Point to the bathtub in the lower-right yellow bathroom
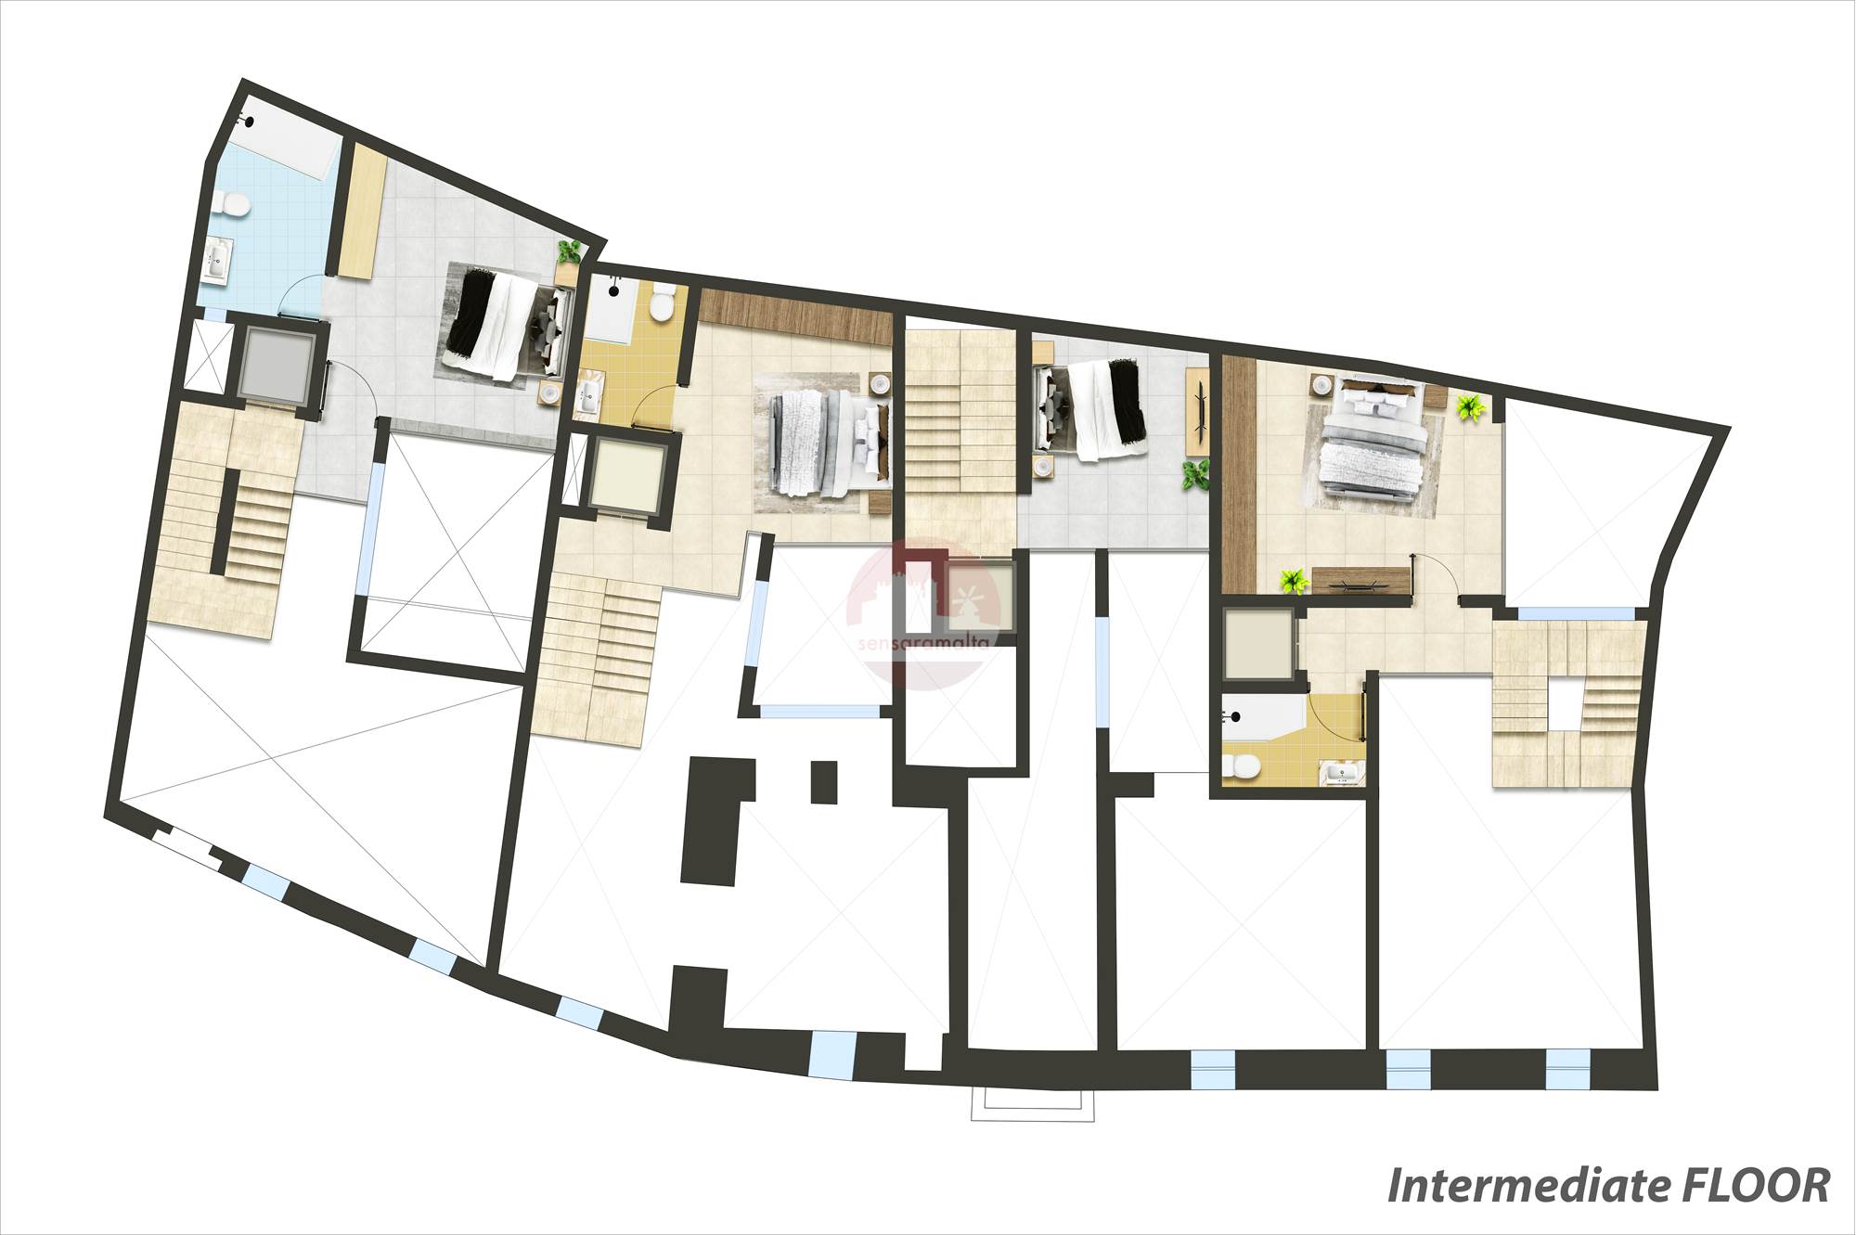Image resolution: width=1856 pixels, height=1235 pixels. pyautogui.click(x=1264, y=718)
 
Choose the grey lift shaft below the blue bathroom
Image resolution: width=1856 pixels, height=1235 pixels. pyautogui.click(x=275, y=364)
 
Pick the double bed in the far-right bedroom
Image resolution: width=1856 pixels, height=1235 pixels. pyautogui.click(x=1371, y=440)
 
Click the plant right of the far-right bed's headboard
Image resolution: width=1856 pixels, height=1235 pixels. pyautogui.click(x=1469, y=407)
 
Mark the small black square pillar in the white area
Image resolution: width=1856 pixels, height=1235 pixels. pyautogui.click(x=823, y=781)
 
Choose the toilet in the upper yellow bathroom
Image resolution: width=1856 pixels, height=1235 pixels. pyautogui.click(x=663, y=303)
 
